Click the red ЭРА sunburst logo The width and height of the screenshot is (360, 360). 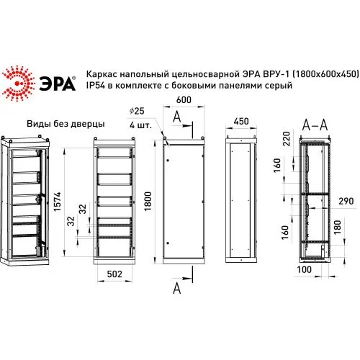coord(18,83)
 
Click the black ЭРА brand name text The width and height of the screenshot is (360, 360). coord(57,84)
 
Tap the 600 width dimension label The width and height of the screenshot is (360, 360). coord(184,100)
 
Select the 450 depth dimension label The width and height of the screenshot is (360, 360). coord(241,121)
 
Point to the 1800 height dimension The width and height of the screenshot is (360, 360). coord(148,202)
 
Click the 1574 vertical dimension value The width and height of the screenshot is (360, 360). coord(58,202)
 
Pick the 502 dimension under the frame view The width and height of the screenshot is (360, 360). coord(114,274)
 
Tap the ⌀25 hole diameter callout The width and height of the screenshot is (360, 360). coord(137,111)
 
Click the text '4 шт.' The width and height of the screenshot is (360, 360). coord(140,125)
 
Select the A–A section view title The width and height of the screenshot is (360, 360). coord(315,125)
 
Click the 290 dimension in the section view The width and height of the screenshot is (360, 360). coord(346,201)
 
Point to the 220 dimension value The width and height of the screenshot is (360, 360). coord(287,138)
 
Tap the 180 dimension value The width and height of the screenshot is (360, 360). coord(338,228)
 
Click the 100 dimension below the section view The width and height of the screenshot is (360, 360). coord(304,269)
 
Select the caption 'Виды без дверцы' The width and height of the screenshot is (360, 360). coord(66,124)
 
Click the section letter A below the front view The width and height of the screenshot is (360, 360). coord(177,288)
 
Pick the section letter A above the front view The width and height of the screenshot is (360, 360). coord(177,117)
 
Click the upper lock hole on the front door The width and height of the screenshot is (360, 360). coord(168,160)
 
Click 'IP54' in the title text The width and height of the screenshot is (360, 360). coord(96,85)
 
